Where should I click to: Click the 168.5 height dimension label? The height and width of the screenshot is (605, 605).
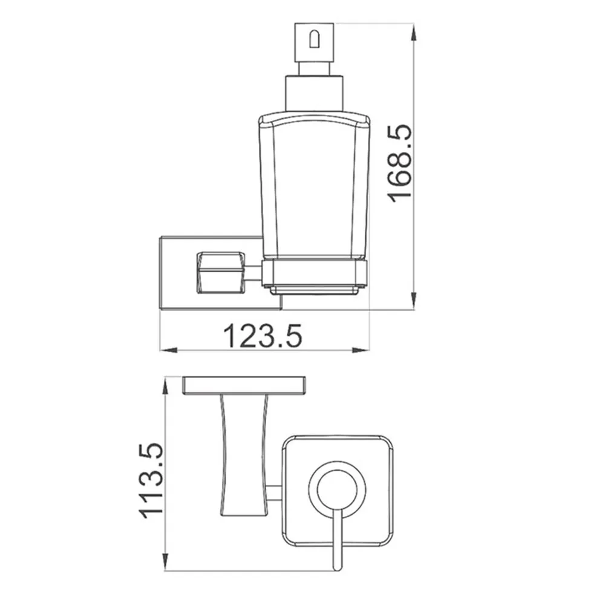400,163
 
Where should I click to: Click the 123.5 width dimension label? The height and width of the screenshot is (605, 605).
263,336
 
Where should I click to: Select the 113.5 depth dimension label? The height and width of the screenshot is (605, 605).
151,481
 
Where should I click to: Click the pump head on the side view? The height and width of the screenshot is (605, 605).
314,42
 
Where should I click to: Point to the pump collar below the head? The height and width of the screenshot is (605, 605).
314,94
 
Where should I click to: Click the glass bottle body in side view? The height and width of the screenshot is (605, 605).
315,185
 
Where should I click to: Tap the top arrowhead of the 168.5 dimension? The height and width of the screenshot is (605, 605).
413,31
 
